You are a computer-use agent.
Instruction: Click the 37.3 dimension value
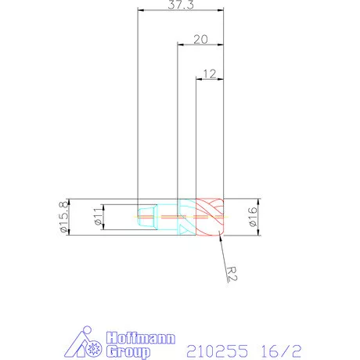[181, 5]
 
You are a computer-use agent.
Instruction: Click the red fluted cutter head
[210, 215]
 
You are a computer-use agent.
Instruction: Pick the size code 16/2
[281, 345]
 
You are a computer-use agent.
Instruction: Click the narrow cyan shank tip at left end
[142, 215]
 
